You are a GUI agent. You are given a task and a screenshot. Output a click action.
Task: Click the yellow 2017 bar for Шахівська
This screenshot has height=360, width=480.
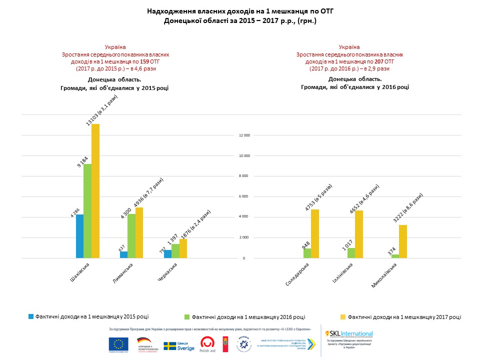(95, 191)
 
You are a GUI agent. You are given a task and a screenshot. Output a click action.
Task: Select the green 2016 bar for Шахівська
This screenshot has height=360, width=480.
(87, 211)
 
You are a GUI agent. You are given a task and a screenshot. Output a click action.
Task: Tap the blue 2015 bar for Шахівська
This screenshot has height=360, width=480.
(79, 236)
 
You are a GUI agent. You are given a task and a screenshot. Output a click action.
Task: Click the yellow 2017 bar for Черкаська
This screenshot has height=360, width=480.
(183, 248)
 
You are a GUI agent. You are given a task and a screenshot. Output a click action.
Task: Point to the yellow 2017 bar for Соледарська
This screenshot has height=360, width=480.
(315, 234)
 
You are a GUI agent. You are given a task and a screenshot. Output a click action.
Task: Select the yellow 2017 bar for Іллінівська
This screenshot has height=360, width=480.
(359, 234)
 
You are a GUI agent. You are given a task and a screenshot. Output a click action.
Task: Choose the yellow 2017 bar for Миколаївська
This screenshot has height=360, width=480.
(403, 241)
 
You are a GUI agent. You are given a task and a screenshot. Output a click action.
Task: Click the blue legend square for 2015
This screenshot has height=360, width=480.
(30, 316)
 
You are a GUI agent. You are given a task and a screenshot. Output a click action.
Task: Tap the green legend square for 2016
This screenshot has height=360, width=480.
(187, 316)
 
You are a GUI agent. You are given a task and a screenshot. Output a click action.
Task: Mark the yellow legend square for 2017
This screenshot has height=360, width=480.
(343, 316)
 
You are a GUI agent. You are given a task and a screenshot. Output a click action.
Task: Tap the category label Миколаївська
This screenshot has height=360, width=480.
(384, 274)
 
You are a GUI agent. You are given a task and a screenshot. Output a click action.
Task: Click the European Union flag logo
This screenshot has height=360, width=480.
(118, 344)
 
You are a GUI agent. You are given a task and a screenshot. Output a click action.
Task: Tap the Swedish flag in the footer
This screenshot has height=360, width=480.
(169, 346)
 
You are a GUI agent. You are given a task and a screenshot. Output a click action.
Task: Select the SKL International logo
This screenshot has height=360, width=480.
(349, 333)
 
